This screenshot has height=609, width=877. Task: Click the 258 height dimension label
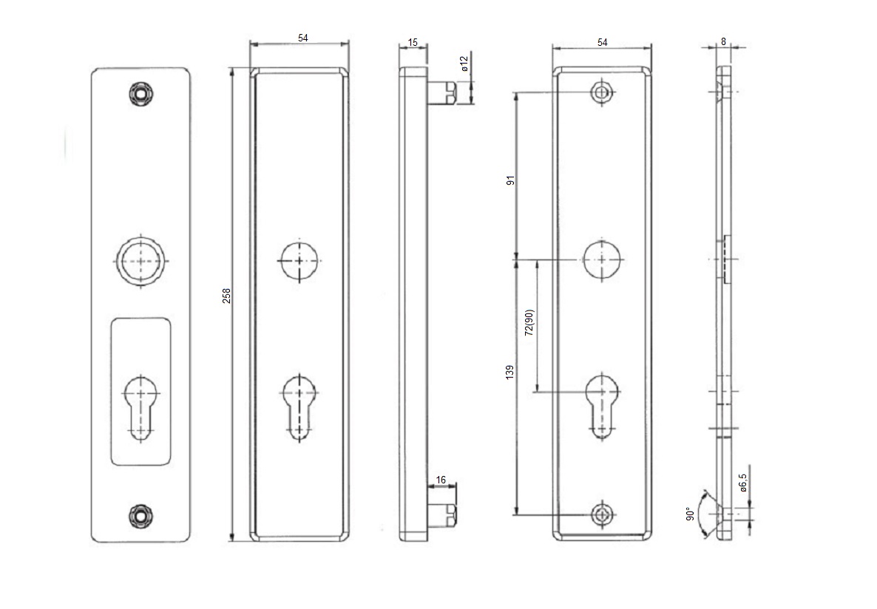click(x=227, y=295)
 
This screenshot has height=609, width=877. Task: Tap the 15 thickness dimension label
click(x=413, y=43)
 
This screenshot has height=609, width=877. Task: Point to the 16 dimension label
click(x=441, y=480)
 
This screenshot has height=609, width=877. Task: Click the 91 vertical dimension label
click(x=510, y=180)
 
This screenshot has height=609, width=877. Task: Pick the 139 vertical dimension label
click(x=510, y=374)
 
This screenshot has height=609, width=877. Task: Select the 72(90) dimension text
click(x=529, y=323)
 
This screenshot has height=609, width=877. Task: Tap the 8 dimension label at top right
click(x=723, y=42)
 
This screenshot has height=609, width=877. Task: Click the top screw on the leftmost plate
click(x=140, y=93)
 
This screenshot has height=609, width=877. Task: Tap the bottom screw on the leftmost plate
click(x=140, y=514)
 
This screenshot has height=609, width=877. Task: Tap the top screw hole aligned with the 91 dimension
click(x=603, y=92)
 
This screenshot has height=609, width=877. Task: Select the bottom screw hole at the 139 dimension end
click(x=603, y=514)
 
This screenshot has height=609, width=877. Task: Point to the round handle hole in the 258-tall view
click(x=299, y=261)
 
